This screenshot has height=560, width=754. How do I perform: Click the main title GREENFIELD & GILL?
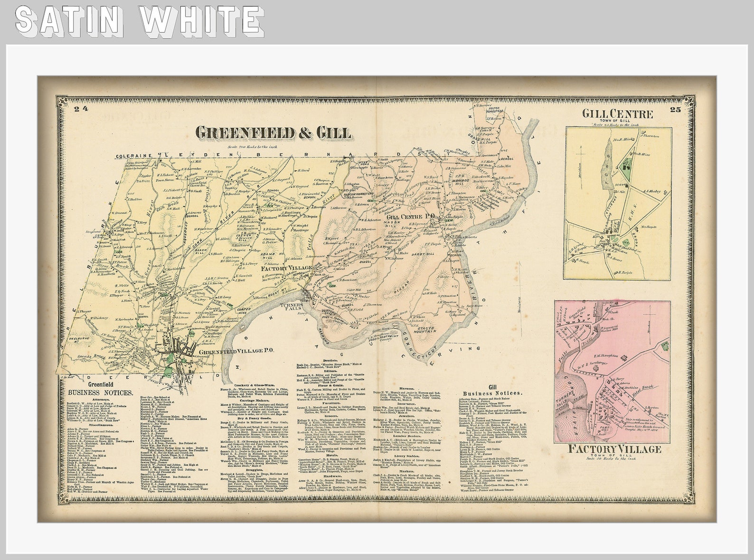273,133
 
